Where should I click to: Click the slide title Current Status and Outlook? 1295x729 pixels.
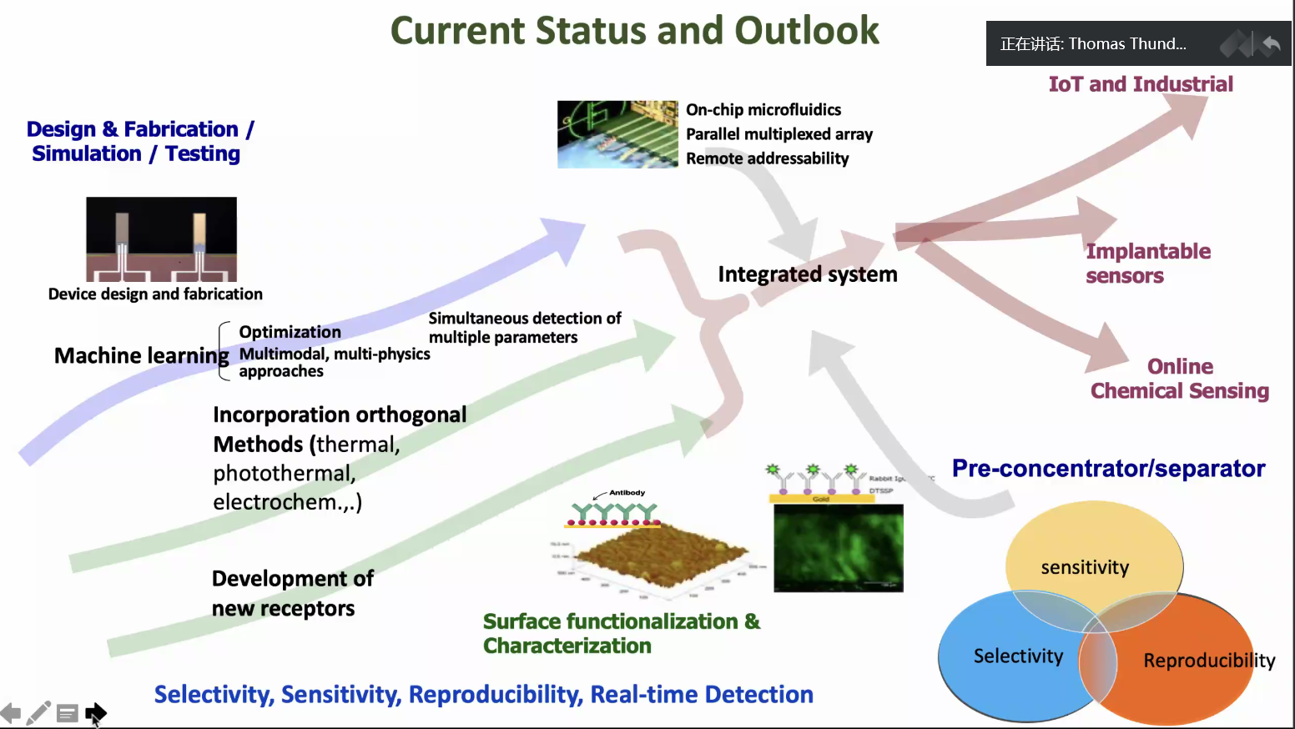coord(634,31)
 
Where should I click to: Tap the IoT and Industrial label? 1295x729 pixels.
coord(1140,84)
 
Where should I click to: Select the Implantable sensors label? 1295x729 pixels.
coord(1146,264)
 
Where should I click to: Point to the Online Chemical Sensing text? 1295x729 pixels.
coord(1179,379)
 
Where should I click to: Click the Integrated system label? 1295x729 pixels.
coord(807,274)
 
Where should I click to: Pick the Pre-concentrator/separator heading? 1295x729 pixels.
coord(1108,469)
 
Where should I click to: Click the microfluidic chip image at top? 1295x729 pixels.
coord(617,134)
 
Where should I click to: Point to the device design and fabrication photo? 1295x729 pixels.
coord(161,239)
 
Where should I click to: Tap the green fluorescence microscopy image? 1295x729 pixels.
coord(838,548)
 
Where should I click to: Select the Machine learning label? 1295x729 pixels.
coord(141,356)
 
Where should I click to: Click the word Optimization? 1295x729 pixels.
coord(290,332)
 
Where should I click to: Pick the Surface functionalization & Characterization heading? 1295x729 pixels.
coord(621,633)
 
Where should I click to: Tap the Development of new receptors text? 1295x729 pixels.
coord(292,593)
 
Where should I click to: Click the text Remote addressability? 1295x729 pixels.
coord(767,158)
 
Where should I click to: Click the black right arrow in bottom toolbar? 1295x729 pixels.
coord(95,712)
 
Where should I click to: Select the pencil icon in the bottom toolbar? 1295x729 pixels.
coord(38,713)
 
